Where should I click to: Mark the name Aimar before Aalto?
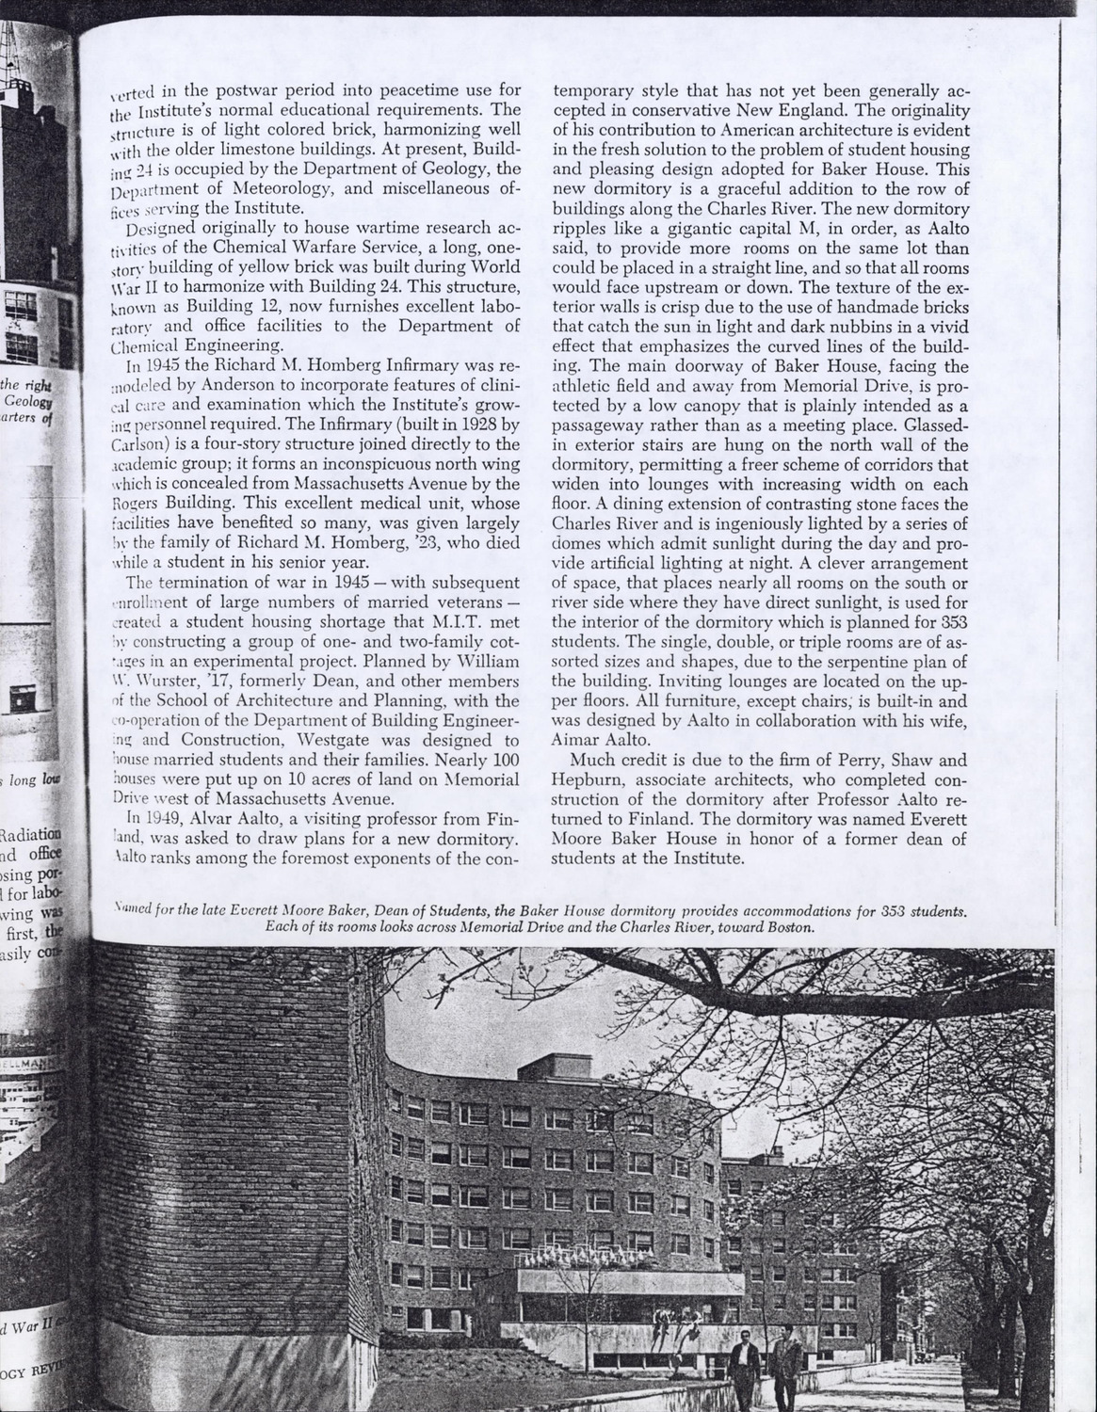583,743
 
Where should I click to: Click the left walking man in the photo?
746,1373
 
